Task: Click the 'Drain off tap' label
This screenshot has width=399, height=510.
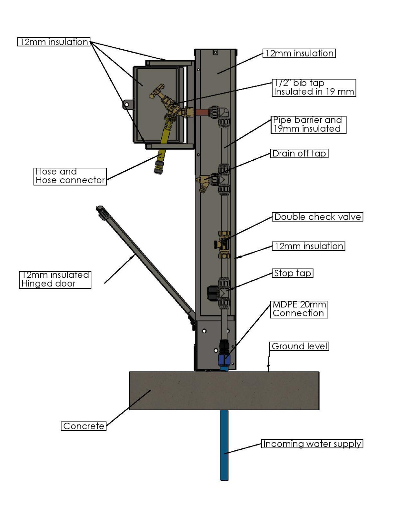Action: coord(299,153)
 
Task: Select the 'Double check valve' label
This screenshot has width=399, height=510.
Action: coord(318,217)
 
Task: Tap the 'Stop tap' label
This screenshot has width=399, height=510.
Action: coord(293,273)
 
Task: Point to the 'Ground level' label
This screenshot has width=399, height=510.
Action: coord(299,346)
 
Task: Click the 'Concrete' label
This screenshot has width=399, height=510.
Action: coord(83,426)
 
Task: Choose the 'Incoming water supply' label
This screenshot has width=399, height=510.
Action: coord(312,444)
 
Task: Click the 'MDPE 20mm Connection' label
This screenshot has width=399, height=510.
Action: coord(299,309)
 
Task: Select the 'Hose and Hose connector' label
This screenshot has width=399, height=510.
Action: coord(70,176)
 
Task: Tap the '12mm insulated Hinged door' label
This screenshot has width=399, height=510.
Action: coord(55,279)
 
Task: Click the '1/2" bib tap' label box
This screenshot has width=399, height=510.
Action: coord(314,87)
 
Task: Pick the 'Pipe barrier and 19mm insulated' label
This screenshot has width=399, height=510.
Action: coord(308,124)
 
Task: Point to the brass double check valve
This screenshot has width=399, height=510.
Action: coord(223,245)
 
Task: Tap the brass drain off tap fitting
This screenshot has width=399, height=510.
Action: coord(202,183)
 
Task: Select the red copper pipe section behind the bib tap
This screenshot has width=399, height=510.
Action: coord(201,112)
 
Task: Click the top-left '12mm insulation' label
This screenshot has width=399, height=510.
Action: coord(54,42)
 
